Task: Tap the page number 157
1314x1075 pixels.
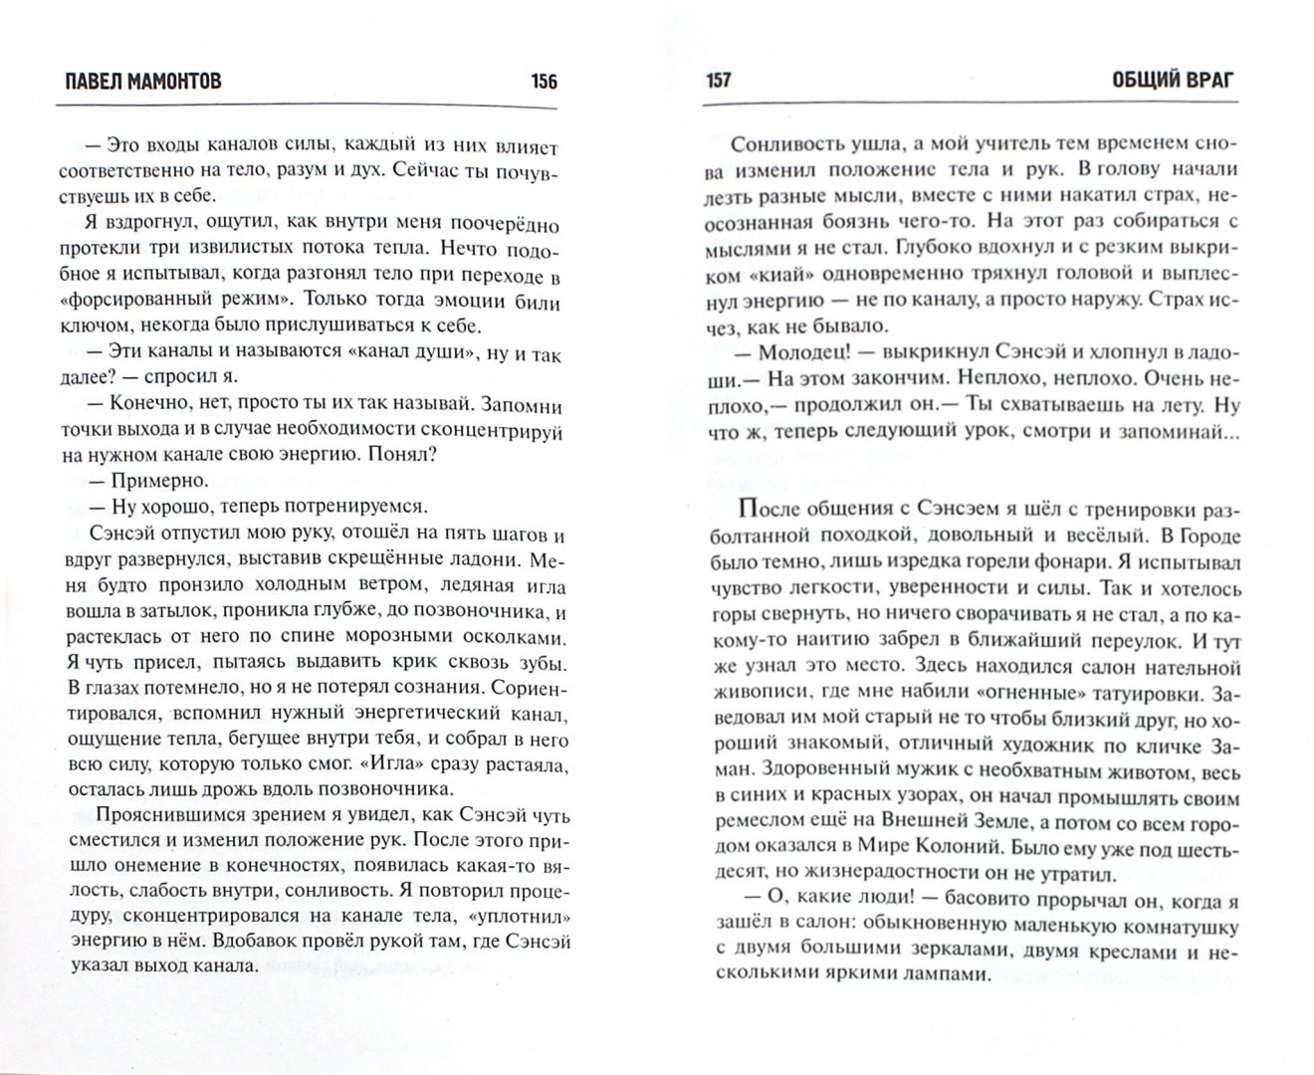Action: pos(717,81)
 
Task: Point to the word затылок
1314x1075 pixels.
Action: pos(158,611)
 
